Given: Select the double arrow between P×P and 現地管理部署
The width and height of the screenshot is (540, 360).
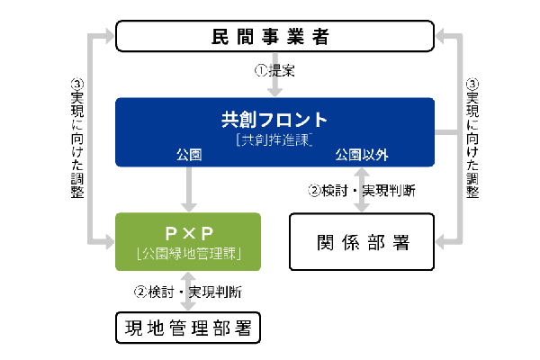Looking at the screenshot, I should (x=188, y=292).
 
